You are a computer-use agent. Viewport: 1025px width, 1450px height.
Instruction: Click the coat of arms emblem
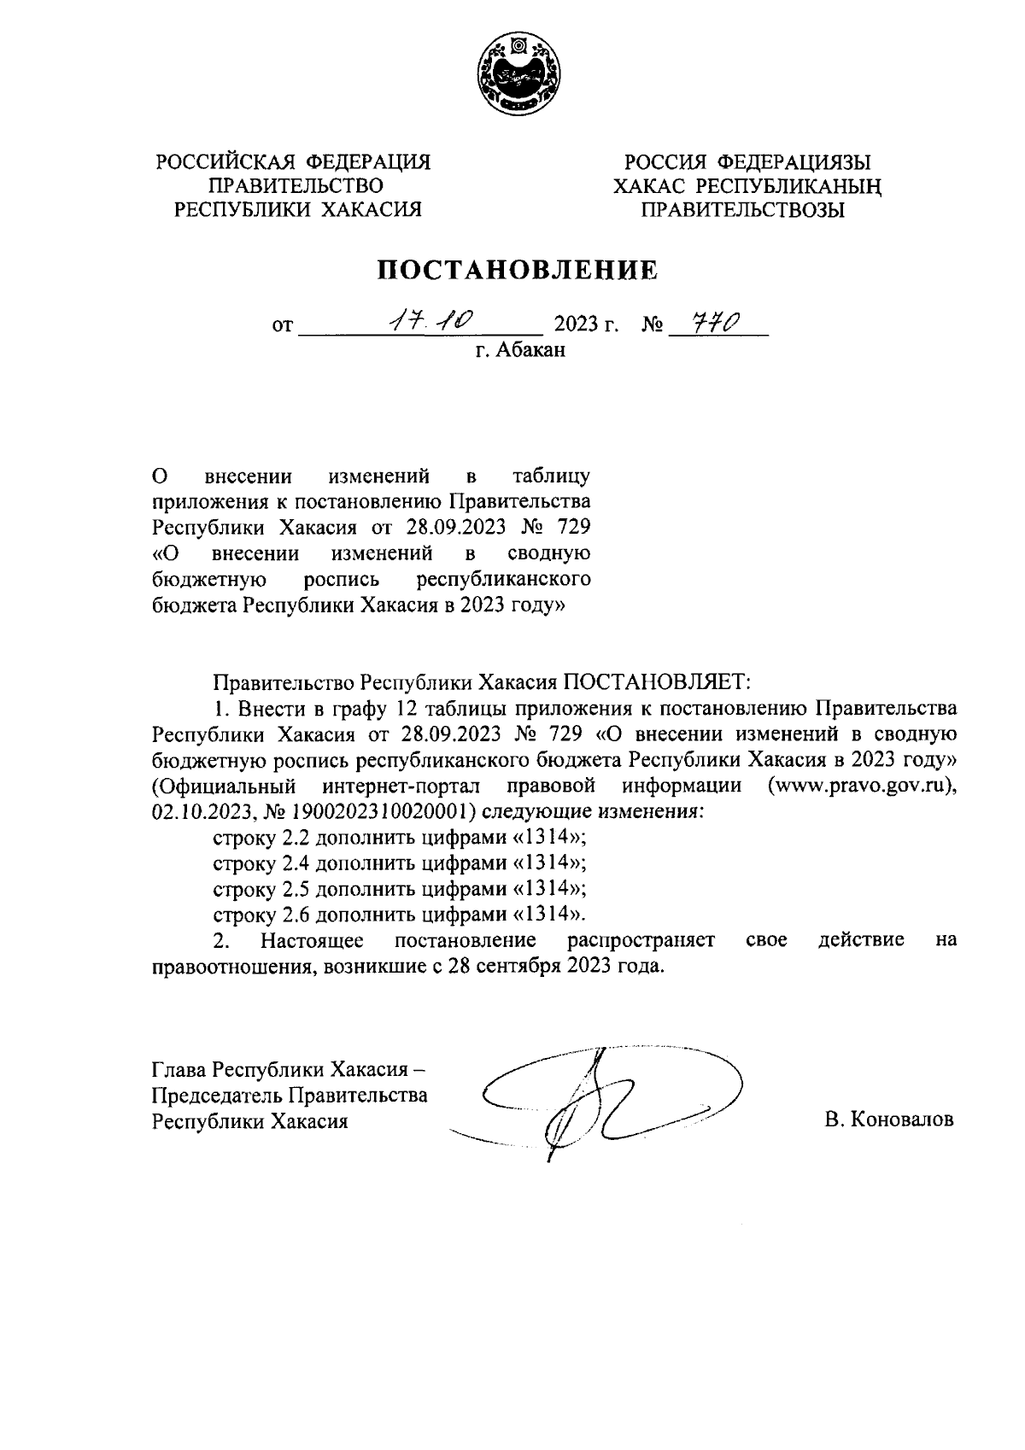point(518,75)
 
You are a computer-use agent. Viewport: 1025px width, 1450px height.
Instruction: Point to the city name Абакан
point(532,349)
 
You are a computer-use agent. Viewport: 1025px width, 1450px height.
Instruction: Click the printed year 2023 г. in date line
point(586,325)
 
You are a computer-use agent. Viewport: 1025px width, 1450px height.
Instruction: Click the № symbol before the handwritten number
point(652,325)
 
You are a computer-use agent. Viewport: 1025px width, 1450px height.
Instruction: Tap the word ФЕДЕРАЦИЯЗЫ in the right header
point(794,162)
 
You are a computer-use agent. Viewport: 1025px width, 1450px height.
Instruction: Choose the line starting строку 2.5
point(399,889)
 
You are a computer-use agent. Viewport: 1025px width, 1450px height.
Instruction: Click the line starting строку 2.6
point(399,915)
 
